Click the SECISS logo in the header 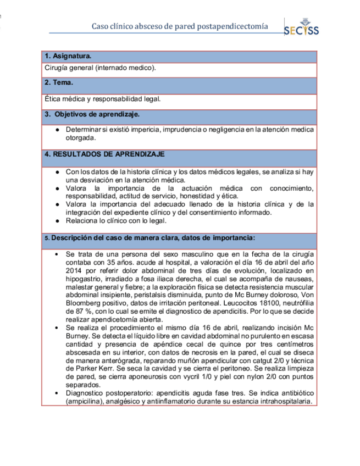(x=301, y=28)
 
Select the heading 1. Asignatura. (x=68, y=56)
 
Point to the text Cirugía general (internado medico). (x=99, y=68)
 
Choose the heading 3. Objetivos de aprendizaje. (x=92, y=114)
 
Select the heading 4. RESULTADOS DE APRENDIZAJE (x=104, y=154)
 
